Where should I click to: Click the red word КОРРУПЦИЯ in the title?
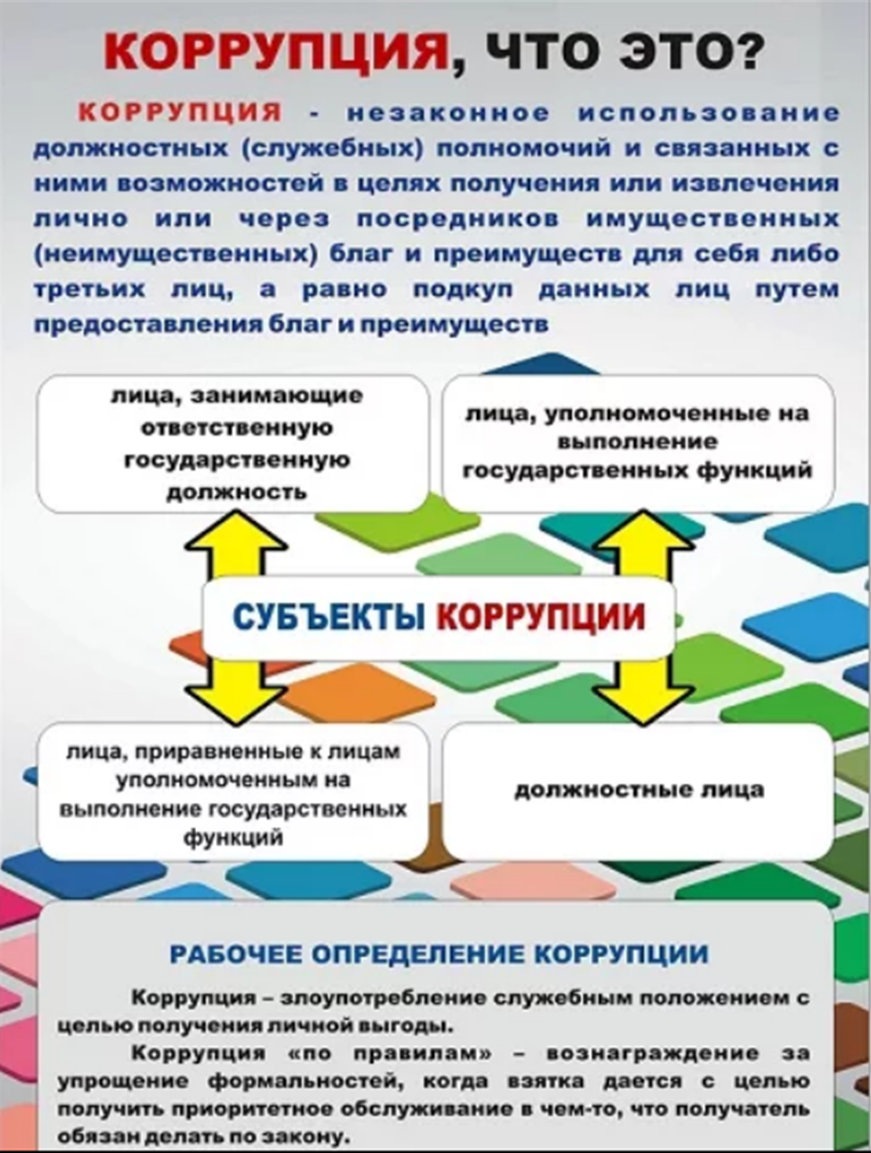point(276,52)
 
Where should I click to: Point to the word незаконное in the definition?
point(448,113)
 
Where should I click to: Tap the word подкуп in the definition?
point(462,290)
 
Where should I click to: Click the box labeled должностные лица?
point(638,791)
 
